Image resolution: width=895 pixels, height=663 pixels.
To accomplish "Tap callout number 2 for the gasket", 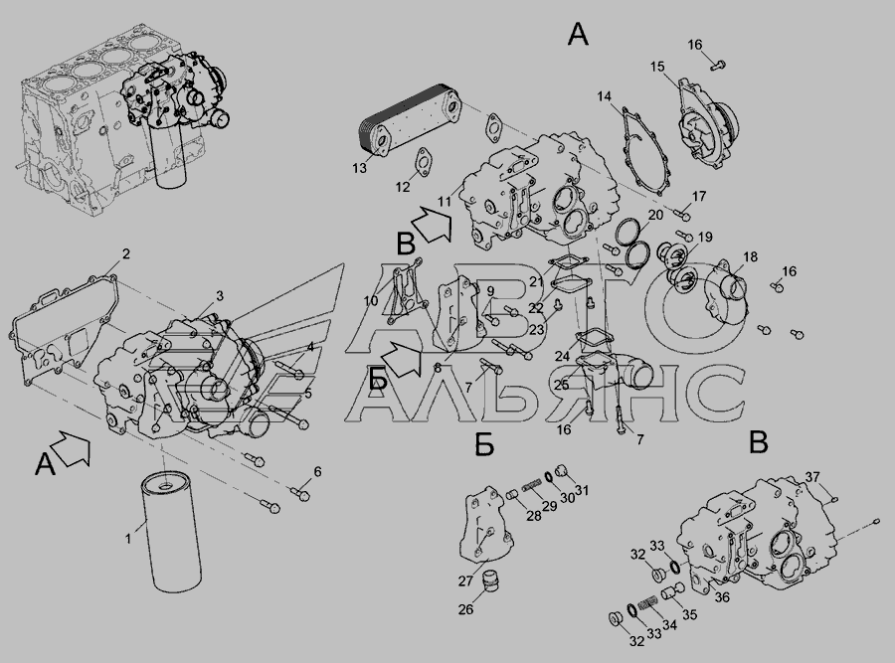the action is coord(126,253).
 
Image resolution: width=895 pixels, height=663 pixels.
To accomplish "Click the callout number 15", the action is coord(657,67).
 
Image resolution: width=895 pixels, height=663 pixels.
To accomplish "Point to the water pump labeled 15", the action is coord(707,125).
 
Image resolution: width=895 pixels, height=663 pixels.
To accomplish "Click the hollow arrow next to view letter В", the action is coord(433,225).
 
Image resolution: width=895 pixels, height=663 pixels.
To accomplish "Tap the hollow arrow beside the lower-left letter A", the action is coord(73,448).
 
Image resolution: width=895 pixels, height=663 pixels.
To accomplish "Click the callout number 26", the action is coord(465,609).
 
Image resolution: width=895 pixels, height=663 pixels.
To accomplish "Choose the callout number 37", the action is coord(812,477).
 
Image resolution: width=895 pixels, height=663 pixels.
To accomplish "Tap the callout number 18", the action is coord(750,256).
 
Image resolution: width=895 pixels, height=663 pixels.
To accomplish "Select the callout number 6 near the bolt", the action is coord(317,471).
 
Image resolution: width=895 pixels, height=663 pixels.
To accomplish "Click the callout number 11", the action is coord(445,202).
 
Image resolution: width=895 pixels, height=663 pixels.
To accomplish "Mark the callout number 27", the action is coord(465,580).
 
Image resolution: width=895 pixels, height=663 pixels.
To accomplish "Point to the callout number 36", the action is coord(722,596).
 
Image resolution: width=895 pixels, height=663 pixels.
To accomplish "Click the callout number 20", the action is coord(656,215).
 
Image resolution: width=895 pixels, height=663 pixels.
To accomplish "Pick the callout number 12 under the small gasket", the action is coord(403,187).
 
